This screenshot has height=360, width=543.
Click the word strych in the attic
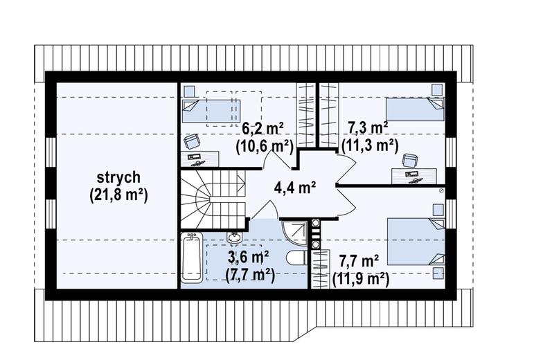(118, 177)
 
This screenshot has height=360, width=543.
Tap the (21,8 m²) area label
(118, 195)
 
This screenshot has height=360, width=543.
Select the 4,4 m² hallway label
(294, 188)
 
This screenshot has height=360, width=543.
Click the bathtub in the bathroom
(191, 256)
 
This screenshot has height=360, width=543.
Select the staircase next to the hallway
(212, 199)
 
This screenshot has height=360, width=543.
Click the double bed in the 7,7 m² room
(416, 242)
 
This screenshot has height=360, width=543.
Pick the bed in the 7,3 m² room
(415, 109)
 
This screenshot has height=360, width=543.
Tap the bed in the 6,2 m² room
(211, 111)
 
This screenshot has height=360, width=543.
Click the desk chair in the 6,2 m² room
(192, 141)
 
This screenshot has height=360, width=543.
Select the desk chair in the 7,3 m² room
(410, 161)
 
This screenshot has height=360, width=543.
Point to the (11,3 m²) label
(370, 145)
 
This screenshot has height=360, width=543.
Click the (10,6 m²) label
(265, 147)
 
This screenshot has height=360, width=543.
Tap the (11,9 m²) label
(360, 278)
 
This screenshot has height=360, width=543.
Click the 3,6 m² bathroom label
(248, 258)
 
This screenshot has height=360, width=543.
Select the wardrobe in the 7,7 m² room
(320, 269)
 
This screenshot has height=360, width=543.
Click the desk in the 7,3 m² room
(414, 176)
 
